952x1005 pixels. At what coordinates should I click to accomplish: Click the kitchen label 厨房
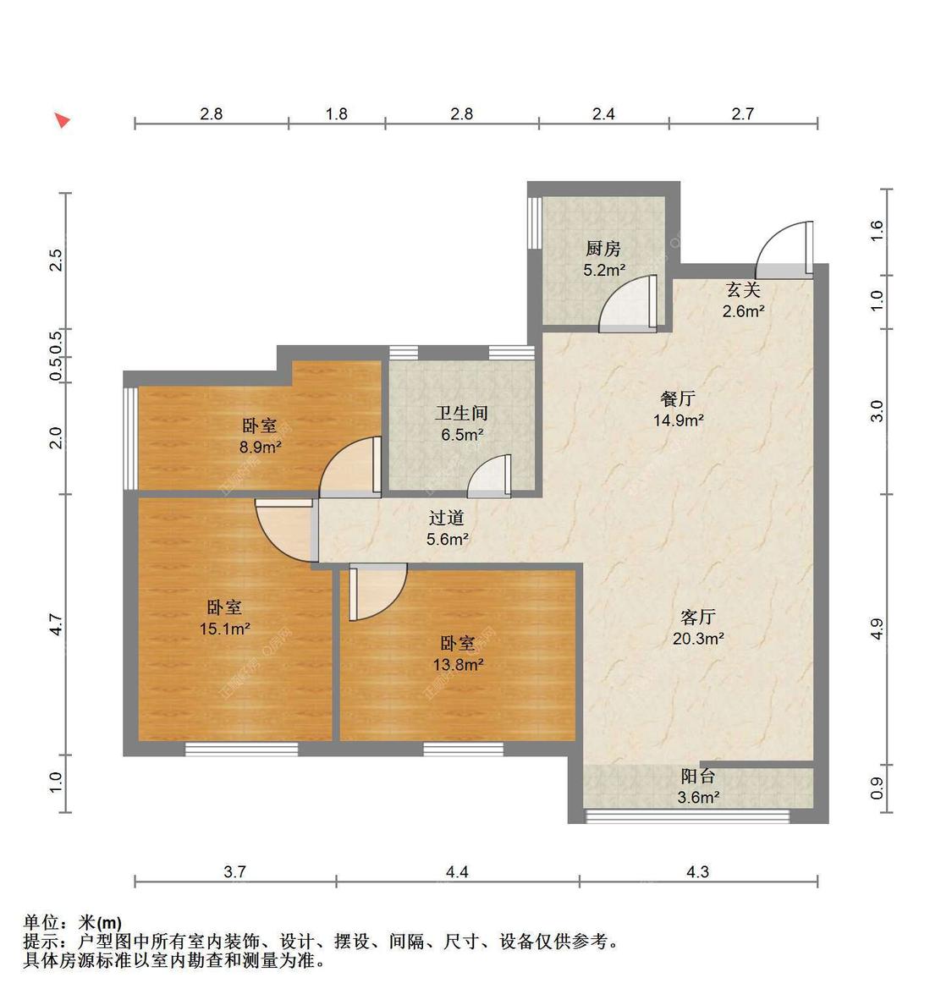pyautogui.click(x=603, y=249)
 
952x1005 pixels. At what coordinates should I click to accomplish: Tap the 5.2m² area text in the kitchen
pyautogui.click(x=603, y=270)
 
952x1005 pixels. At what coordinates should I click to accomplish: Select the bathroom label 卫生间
pyautogui.click(x=461, y=414)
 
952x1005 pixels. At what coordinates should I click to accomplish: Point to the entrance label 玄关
pyautogui.click(x=742, y=290)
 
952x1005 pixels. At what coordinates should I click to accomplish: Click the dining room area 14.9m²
pyautogui.click(x=678, y=420)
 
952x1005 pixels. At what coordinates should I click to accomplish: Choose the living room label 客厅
pyautogui.click(x=698, y=617)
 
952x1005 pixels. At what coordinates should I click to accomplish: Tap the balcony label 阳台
pyautogui.click(x=698, y=776)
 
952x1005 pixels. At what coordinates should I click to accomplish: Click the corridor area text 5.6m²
pyautogui.click(x=448, y=539)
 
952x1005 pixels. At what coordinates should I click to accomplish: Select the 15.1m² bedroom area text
pyautogui.click(x=224, y=629)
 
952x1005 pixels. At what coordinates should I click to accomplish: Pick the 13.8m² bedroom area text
pyautogui.click(x=458, y=665)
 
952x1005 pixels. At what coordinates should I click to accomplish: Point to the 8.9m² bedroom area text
pyautogui.click(x=260, y=448)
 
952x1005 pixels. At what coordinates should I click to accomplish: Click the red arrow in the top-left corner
pyautogui.click(x=62, y=120)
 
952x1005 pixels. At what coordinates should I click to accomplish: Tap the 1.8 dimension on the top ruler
pyautogui.click(x=336, y=113)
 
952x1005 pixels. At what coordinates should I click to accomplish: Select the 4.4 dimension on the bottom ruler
pyautogui.click(x=457, y=871)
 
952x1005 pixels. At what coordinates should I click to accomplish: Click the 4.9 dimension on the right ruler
pyautogui.click(x=877, y=629)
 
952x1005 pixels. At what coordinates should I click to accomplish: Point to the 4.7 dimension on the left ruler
pyautogui.click(x=56, y=625)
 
